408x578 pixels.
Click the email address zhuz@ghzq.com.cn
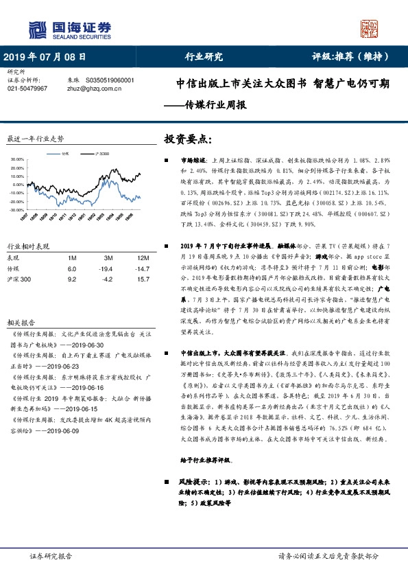tap(91, 89)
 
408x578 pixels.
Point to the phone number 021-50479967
tap(27, 89)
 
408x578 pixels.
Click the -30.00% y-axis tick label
tap(16, 209)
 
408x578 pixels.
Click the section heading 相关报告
tap(21, 302)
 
